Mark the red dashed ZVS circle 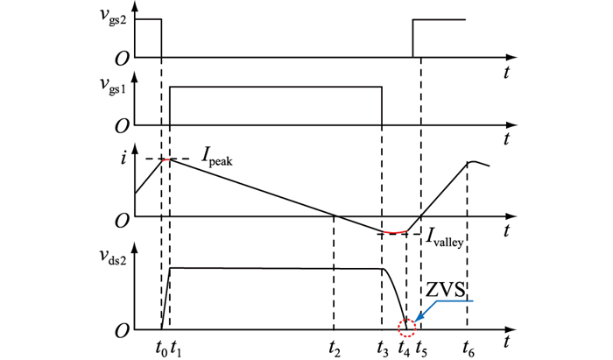(x=405, y=328)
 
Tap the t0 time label (x=159, y=346)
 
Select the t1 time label (x=176, y=346)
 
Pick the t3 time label (x=383, y=346)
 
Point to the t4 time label (x=404, y=346)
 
